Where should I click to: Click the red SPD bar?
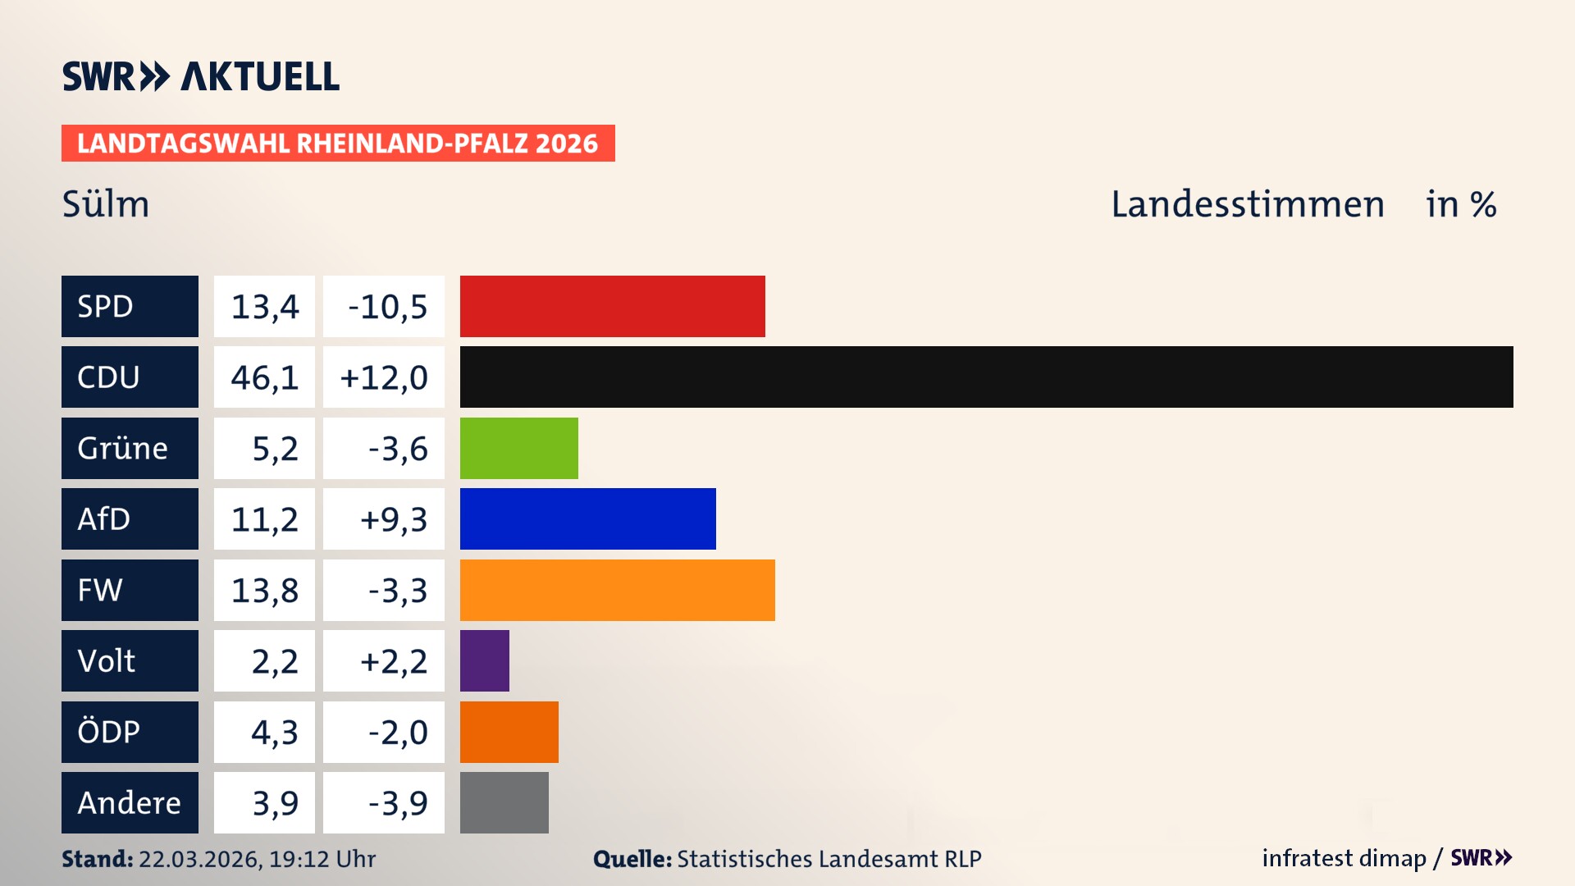coord(612,306)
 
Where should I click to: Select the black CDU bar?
coord(986,377)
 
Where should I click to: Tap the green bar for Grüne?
coord(518,448)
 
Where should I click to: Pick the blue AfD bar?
coord(587,518)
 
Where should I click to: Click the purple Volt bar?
coord(484,660)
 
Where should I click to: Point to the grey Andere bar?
coord(504,802)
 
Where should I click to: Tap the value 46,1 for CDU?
coord(264,377)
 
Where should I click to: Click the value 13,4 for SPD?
coord(264,307)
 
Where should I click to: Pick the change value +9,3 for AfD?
coord(393,519)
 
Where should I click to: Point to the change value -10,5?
coord(387,307)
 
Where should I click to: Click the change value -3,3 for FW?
coord(397,591)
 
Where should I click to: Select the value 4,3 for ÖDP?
coord(274,732)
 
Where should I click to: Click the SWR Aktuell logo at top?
coord(200,76)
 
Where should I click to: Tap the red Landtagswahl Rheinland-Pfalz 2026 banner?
coord(337,144)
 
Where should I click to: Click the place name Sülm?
coord(106,204)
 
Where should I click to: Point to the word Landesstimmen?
coord(1247,204)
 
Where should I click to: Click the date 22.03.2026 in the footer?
coord(199,859)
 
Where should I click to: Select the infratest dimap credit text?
coord(1343,858)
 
